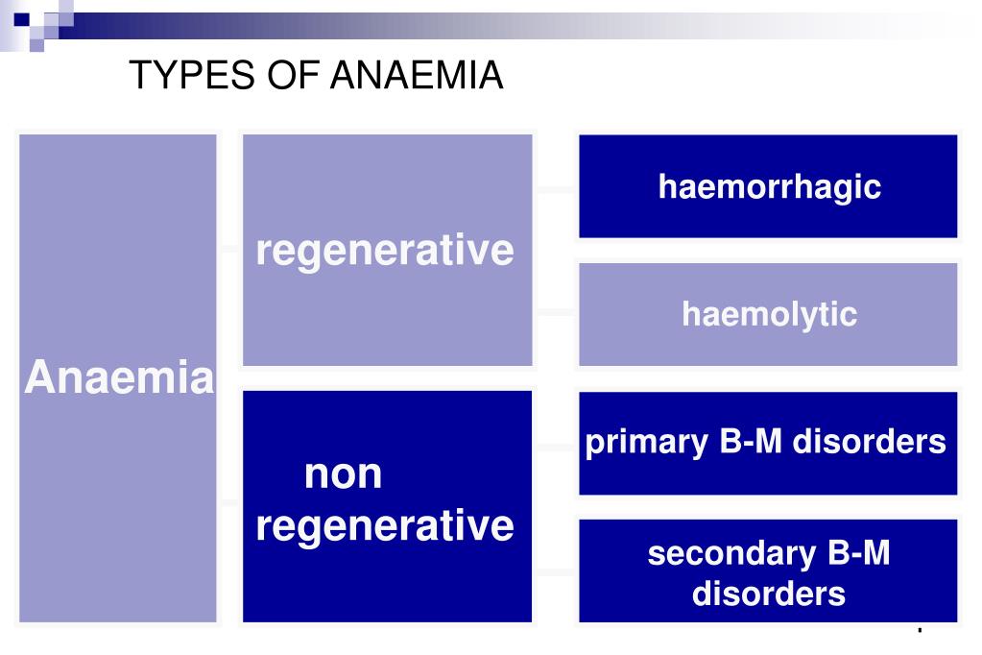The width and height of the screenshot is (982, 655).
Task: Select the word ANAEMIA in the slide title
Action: [x=417, y=76]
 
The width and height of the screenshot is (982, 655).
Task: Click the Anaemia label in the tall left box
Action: [x=119, y=378]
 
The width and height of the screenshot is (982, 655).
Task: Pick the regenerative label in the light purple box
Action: [x=385, y=251]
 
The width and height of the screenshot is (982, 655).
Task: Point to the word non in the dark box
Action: [x=343, y=474]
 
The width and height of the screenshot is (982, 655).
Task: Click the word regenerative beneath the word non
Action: [x=385, y=526]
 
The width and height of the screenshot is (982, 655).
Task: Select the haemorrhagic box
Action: [x=768, y=186]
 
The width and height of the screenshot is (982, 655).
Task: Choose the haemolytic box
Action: [x=768, y=314]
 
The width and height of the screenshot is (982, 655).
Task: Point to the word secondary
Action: [x=718, y=554]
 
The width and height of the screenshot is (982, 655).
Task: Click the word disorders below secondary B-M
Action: [x=768, y=593]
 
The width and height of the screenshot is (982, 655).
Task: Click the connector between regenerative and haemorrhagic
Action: [x=555, y=190]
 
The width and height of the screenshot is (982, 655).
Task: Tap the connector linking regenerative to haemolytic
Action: [x=555, y=312]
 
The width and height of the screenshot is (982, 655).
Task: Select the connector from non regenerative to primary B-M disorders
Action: [x=555, y=448]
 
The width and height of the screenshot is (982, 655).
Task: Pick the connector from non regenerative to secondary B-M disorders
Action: [x=555, y=572]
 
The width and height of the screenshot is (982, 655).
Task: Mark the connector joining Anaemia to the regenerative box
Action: [x=229, y=249]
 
